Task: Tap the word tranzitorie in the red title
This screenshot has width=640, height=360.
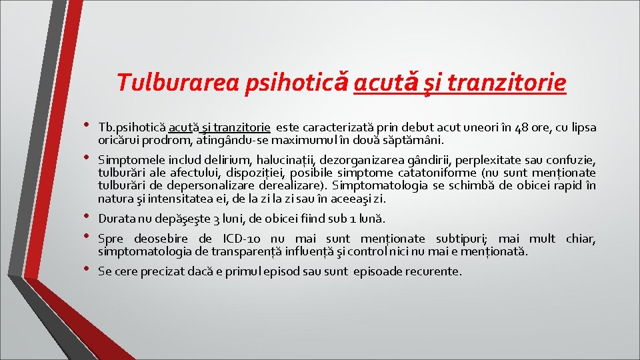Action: click(x=507, y=83)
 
